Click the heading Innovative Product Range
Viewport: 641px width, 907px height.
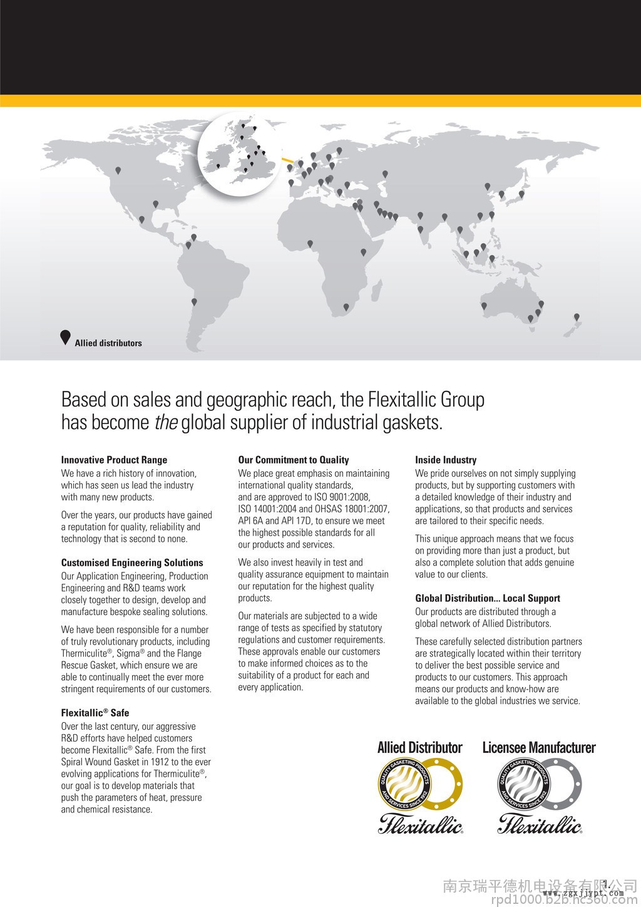coord(114,460)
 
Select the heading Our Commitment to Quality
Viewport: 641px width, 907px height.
coord(293,460)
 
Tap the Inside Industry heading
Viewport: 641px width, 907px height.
coord(446,460)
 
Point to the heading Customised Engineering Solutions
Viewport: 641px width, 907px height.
coord(132,562)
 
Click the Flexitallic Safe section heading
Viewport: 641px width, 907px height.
coord(95,713)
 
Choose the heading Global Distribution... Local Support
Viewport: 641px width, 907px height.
coord(488,598)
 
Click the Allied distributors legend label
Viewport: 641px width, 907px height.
coord(108,343)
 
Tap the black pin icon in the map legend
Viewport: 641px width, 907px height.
coord(65,337)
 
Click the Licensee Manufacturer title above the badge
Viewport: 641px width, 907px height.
coord(539,747)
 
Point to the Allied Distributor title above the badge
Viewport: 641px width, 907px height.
coord(419,747)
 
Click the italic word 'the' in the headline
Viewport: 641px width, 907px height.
coord(166,423)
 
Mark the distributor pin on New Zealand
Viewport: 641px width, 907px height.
coord(577,317)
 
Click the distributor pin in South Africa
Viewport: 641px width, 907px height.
coord(346,307)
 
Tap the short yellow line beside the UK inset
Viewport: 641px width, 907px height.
coord(288,160)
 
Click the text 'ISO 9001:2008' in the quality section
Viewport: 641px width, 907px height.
coord(342,497)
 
